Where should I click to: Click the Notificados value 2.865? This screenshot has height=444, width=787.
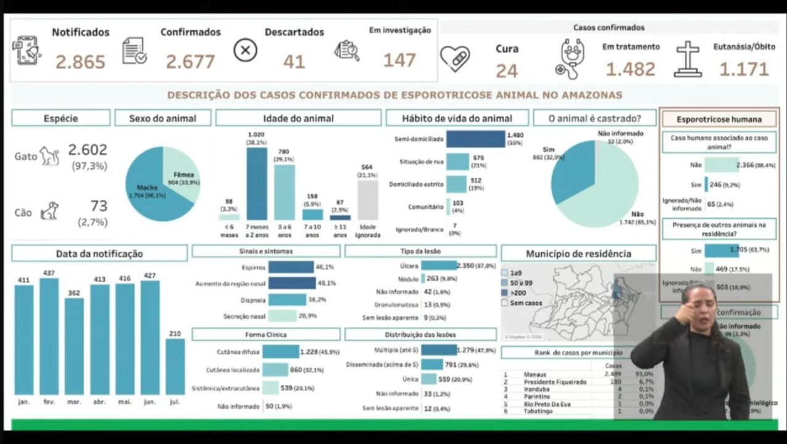click(80, 62)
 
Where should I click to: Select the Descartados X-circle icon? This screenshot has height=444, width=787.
click(245, 50)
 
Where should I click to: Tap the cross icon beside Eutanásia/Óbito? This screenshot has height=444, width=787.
click(687, 59)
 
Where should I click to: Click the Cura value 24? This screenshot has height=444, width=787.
click(506, 71)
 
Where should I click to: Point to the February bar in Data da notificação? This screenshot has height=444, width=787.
click(49, 336)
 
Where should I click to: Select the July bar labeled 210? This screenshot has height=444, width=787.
click(175, 366)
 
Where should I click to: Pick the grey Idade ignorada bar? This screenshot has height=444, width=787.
click(367, 200)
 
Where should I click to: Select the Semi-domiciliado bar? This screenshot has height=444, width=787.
click(475, 139)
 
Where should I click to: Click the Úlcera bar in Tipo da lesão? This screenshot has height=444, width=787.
click(438, 265)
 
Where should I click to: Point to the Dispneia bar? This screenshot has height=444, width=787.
click(287, 300)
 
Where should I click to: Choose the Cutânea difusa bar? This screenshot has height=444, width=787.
click(280, 351)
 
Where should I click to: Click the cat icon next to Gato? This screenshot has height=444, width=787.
click(49, 156)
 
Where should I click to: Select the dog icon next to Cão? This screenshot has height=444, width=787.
click(49, 212)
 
